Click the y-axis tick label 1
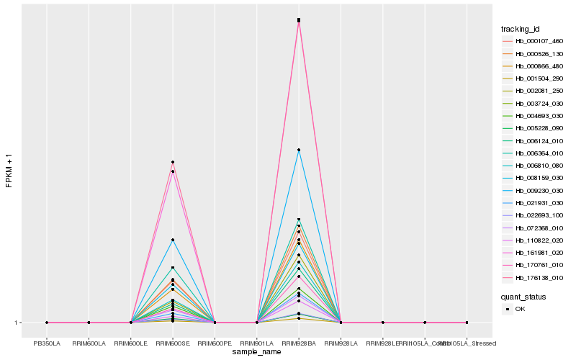pos(16,323)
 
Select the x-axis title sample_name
pos(257,352)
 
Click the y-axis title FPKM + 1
pos(9,171)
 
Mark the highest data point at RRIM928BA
pos(299,20)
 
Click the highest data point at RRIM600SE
pos(173,162)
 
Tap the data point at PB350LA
pos(47,323)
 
